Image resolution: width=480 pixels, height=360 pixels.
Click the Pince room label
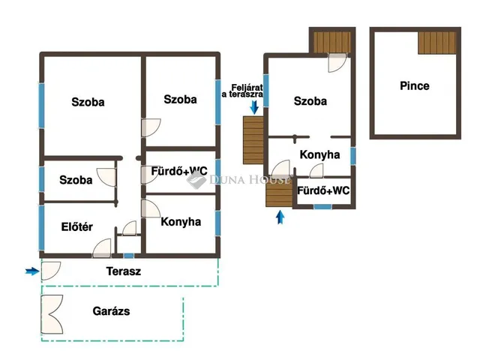tap(415, 85)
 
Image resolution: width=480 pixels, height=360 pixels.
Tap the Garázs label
tap(111, 311)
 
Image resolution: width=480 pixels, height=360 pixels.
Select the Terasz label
tap(124, 271)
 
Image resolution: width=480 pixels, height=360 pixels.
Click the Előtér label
tap(76, 226)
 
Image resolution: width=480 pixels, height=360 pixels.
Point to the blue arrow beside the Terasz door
tap(32, 271)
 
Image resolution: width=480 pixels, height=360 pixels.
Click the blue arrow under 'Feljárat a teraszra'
tap(254, 107)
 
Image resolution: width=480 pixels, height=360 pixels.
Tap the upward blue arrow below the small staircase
tap(280, 217)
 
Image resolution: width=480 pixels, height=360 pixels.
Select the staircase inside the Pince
tap(436, 43)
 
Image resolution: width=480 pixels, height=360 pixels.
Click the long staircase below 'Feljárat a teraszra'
tap(253, 140)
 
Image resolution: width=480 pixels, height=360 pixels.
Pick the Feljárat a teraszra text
tap(242, 91)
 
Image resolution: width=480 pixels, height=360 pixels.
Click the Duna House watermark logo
tap(196, 180)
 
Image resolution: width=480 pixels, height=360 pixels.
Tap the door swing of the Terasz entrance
tap(51, 271)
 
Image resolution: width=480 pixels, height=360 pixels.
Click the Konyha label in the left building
tap(181, 222)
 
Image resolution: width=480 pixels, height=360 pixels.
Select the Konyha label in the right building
tap(319, 154)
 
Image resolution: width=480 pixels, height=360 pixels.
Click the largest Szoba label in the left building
tap(88, 102)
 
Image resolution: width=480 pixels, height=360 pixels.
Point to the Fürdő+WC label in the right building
tap(323, 190)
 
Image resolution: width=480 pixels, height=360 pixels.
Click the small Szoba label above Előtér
tap(76, 180)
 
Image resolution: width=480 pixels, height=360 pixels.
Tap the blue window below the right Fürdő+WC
tap(322, 207)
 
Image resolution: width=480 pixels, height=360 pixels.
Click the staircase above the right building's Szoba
tap(332, 42)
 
